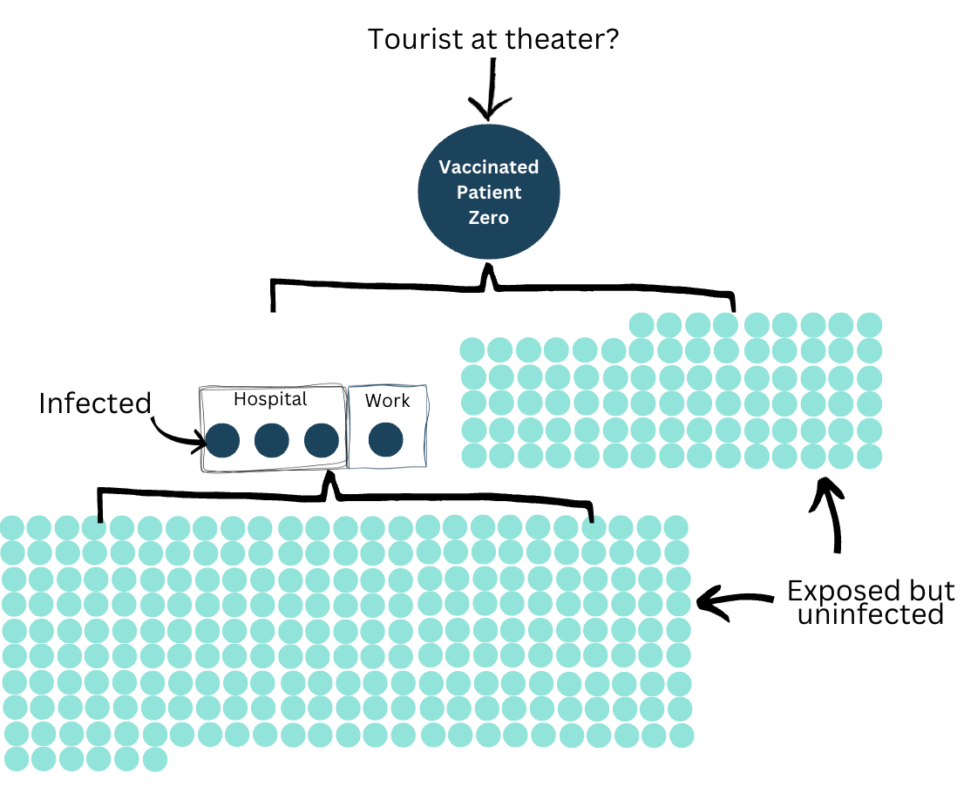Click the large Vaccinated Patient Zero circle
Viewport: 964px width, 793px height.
pyautogui.click(x=489, y=192)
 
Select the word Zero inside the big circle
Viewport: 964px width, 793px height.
pyautogui.click(x=489, y=218)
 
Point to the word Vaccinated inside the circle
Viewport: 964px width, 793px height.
pyautogui.click(x=489, y=167)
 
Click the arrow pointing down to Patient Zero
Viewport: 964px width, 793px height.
pyautogui.click(x=491, y=89)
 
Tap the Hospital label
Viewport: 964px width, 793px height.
pyautogui.click(x=270, y=400)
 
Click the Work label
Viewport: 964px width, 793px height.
pyautogui.click(x=387, y=401)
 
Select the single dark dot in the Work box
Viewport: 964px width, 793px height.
pyautogui.click(x=385, y=439)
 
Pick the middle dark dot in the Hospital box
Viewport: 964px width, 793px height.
pyautogui.click(x=272, y=440)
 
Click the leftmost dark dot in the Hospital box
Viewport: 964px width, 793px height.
pyautogui.click(x=222, y=440)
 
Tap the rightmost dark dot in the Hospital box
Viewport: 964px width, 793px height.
pyautogui.click(x=322, y=440)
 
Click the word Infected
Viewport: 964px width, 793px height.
pyautogui.click(x=95, y=403)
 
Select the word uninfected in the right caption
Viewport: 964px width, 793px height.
pyautogui.click(x=871, y=614)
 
